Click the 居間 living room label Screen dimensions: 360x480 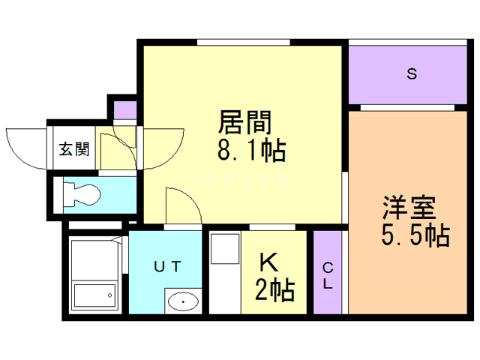click(x=244, y=121)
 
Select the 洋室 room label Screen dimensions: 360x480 click(x=408, y=206)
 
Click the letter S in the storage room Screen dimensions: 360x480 click(x=411, y=73)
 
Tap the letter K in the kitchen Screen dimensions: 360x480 click(x=269, y=262)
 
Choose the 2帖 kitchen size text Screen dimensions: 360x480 click(x=274, y=288)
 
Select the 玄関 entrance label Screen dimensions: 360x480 click(x=74, y=148)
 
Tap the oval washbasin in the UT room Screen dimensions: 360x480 click(x=182, y=301)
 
